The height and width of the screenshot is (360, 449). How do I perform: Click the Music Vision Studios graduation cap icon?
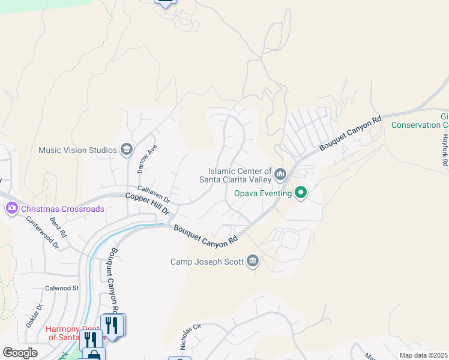[x=126, y=149]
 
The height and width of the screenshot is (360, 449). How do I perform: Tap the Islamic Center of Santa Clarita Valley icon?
[x=280, y=175]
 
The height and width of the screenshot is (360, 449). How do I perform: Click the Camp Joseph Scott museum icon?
[x=253, y=261]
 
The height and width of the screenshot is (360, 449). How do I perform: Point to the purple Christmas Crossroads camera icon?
[x=11, y=209]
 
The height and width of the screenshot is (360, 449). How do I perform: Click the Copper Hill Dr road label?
[x=148, y=205]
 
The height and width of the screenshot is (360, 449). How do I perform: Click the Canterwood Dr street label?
[x=42, y=232]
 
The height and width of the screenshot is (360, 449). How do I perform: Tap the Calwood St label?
[x=62, y=288]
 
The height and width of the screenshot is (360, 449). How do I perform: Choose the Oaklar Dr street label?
[x=34, y=316]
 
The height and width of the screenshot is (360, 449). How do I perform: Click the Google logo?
[x=20, y=353]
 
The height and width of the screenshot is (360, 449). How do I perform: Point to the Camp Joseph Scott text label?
[x=207, y=262]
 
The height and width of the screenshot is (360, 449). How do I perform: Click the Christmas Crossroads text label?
[x=62, y=209]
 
